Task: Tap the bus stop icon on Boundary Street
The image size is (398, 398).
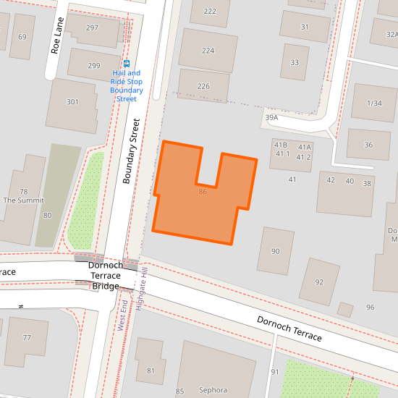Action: (127, 64)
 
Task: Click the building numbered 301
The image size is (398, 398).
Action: (72, 102)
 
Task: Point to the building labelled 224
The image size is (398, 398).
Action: (208, 51)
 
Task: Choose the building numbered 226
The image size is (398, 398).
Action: (203, 87)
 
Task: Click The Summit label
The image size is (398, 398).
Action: (24, 200)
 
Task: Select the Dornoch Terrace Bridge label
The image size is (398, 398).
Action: (106, 276)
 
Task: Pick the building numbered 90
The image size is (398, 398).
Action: (275, 251)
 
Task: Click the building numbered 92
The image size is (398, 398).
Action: (319, 282)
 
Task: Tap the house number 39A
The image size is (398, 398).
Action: (271, 117)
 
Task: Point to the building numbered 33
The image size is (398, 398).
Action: (295, 63)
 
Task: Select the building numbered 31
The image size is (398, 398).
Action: (305, 27)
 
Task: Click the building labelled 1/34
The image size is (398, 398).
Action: (374, 103)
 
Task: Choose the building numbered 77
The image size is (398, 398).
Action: (27, 338)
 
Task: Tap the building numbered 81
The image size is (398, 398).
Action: (151, 371)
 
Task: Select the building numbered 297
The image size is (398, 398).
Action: (92, 28)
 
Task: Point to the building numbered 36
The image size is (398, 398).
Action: (368, 145)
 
